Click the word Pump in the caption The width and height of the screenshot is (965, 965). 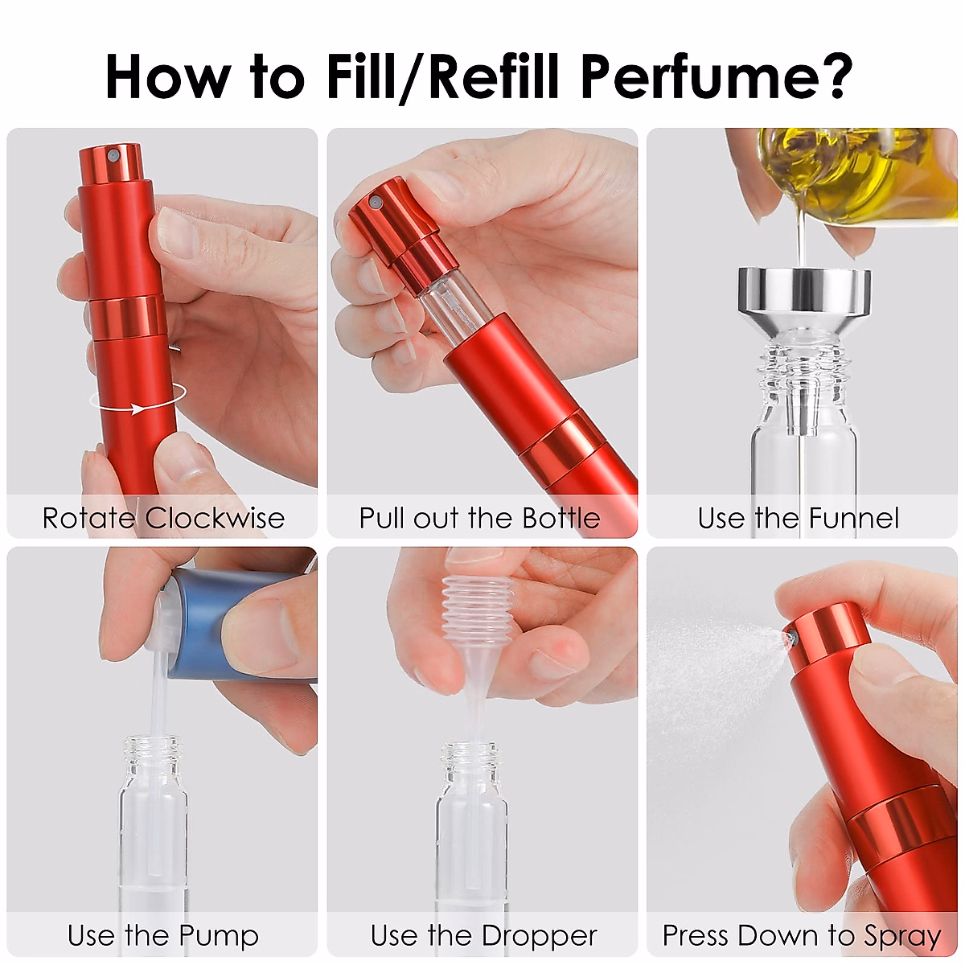pyautogui.click(x=219, y=935)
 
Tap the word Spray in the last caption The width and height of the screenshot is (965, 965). pyautogui.click(x=901, y=935)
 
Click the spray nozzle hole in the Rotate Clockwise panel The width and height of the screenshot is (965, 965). pyautogui.click(x=113, y=153)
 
